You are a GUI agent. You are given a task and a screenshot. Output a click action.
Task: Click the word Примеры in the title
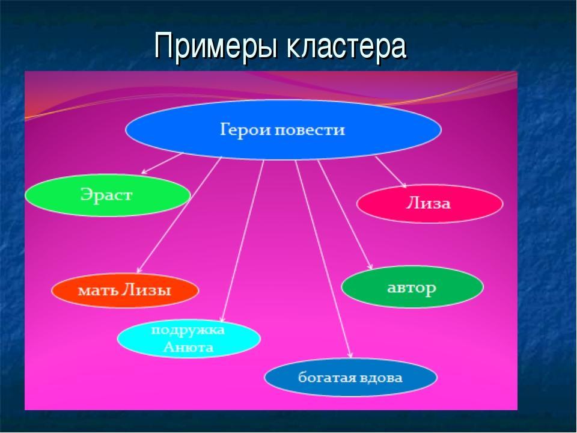pyautogui.click(x=216, y=46)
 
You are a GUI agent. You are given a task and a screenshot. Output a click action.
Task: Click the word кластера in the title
pyautogui.click(x=347, y=46)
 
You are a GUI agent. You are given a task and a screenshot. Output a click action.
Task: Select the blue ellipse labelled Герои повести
pyautogui.click(x=283, y=130)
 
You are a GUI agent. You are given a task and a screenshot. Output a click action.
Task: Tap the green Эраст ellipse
pyautogui.click(x=108, y=195)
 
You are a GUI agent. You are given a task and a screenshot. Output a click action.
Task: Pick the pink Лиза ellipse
pyautogui.click(x=430, y=204)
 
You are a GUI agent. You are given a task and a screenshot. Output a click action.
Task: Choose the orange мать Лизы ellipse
pyautogui.click(x=125, y=290)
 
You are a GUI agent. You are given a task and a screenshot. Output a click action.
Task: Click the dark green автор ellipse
pyautogui.click(x=412, y=287)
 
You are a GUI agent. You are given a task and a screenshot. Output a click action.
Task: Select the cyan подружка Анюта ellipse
pyautogui.click(x=189, y=339)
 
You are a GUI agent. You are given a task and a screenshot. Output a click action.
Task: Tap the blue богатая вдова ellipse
pyautogui.click(x=350, y=378)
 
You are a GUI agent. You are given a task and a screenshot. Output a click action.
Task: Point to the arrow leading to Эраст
pyautogui.click(x=162, y=163)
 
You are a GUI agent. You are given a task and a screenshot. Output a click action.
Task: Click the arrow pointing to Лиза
pyautogui.click(x=391, y=172)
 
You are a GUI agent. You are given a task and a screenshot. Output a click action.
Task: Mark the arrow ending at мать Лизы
pyautogui.click(x=179, y=215)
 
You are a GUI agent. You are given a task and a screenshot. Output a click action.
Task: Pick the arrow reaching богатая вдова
pyautogui.click(x=324, y=259)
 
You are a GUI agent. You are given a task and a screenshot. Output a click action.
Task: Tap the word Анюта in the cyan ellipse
pyautogui.click(x=188, y=347)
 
